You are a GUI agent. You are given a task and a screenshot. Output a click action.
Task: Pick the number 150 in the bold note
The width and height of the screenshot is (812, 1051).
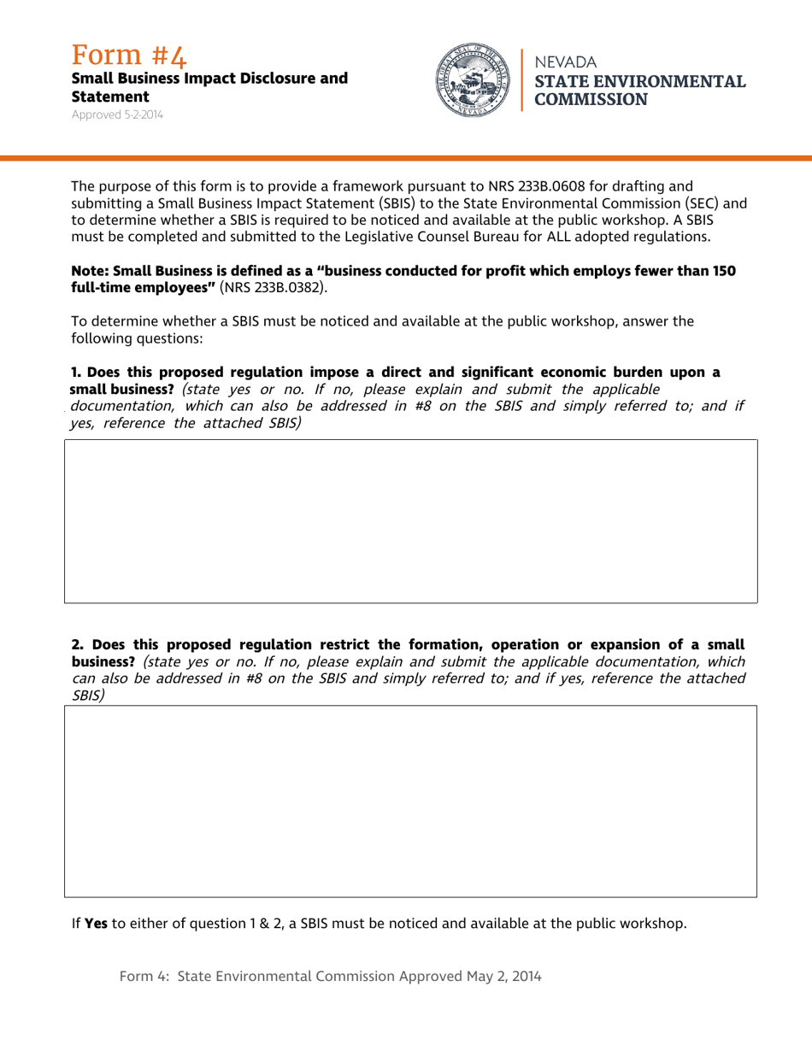[724, 271]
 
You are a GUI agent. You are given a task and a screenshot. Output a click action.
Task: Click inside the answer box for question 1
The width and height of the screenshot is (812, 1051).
[410, 521]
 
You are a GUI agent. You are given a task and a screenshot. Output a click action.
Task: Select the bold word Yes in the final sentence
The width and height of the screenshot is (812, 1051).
[96, 923]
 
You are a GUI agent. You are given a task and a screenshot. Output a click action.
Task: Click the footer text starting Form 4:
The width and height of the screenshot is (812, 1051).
[330, 976]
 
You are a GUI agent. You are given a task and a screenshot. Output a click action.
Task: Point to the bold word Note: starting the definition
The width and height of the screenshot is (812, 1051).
[91, 271]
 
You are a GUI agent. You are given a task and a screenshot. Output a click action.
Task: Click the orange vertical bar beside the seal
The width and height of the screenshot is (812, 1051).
[521, 79]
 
